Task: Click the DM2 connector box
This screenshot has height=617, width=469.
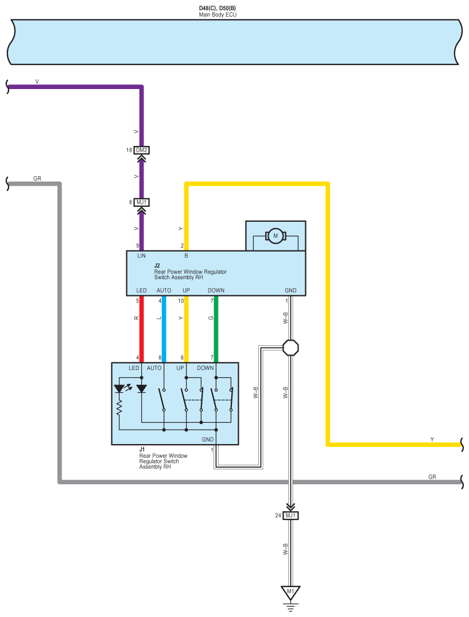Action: (x=142, y=150)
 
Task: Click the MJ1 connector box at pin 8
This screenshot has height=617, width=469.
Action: (x=142, y=202)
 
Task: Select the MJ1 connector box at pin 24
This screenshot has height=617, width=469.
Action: (x=290, y=515)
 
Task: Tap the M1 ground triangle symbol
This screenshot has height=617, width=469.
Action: (x=290, y=593)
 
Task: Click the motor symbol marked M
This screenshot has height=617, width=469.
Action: (x=276, y=236)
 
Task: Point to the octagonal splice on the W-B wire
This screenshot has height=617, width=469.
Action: (x=290, y=348)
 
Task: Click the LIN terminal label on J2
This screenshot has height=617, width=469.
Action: (x=142, y=256)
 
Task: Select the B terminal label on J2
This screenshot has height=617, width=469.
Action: (x=187, y=256)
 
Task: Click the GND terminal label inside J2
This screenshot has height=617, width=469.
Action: (x=290, y=290)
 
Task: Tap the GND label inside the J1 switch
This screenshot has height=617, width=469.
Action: (x=208, y=439)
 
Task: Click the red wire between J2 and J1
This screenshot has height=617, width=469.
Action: (x=142, y=329)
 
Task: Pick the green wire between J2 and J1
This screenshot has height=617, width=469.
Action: (x=216, y=329)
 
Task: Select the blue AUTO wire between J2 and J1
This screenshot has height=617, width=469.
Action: (x=164, y=329)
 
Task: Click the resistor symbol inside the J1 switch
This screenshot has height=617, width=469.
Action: (x=119, y=408)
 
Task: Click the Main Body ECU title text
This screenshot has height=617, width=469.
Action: (x=218, y=14)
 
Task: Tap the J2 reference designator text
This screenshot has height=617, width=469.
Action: (x=157, y=265)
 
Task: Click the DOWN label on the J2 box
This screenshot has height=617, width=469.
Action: (x=216, y=290)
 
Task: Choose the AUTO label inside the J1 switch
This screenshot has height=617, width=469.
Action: (x=154, y=368)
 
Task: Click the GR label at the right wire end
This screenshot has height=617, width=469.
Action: (x=432, y=477)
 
